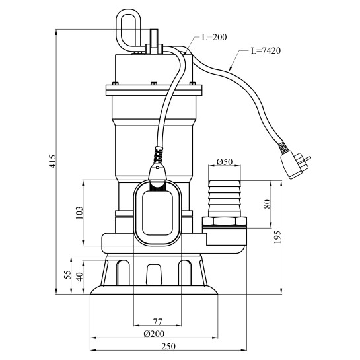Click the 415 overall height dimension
53,162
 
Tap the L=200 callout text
214,37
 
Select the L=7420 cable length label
266,50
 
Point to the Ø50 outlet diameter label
225,162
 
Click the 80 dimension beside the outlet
267,204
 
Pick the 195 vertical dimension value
277,237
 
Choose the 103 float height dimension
79,213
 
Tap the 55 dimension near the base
67,275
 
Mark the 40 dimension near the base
79,277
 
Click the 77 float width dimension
157,322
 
